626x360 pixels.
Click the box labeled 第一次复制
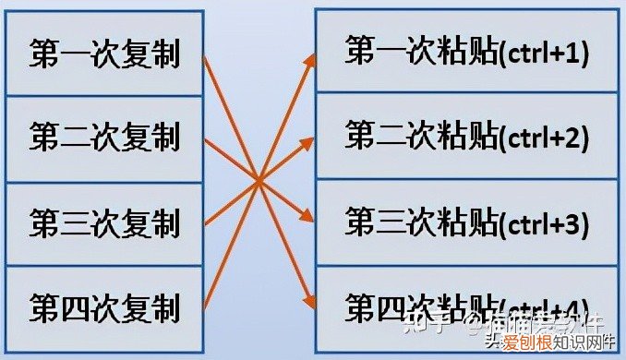click(x=103, y=54)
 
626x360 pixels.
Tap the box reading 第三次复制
click(x=103, y=222)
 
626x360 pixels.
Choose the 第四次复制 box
click(x=103, y=306)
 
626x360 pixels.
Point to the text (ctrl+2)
click(x=544, y=138)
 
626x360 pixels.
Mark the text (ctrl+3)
click(x=544, y=223)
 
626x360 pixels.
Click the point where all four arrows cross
click(x=259, y=179)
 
